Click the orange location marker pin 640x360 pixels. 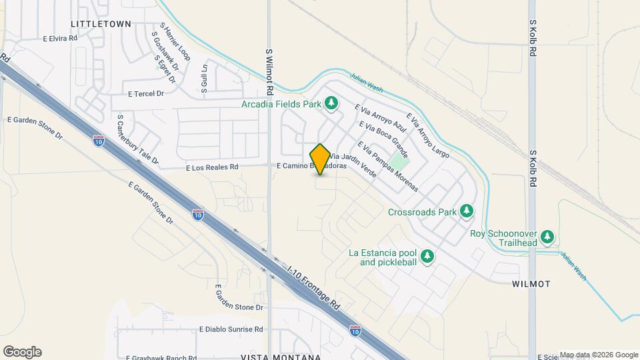pyautogui.click(x=320, y=159)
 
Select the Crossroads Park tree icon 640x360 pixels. pyautogui.click(x=467, y=212)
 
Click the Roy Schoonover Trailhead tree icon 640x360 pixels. pyautogui.click(x=547, y=237)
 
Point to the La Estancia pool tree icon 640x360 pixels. pyautogui.click(x=427, y=256)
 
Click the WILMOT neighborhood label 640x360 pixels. pyautogui.click(x=531, y=284)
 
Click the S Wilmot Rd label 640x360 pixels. pyautogui.click(x=269, y=71)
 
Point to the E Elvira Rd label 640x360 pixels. pyautogui.click(x=60, y=39)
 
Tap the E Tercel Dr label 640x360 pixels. pyautogui.click(x=146, y=94)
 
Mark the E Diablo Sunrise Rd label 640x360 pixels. pyautogui.click(x=231, y=329)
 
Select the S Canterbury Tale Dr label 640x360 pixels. pyautogui.click(x=137, y=139)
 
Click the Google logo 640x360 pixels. pyautogui.click(x=22, y=352)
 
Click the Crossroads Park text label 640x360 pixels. pyautogui.click(x=423, y=213)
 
